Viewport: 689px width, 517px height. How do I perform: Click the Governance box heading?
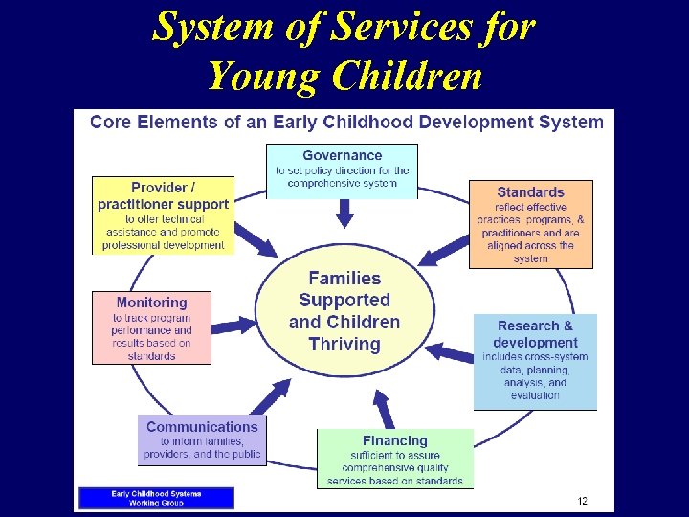click(x=342, y=155)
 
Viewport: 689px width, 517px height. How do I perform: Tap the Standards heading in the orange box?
click(x=530, y=192)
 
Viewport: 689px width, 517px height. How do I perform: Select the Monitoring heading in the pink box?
click(x=151, y=303)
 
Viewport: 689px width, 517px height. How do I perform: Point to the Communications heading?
click(x=202, y=427)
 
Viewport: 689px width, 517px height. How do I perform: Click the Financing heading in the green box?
click(x=395, y=440)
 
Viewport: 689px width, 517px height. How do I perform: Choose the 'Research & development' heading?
click(x=535, y=334)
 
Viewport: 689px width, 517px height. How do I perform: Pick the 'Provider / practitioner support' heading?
click(x=163, y=195)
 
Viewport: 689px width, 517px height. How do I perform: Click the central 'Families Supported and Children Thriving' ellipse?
click(x=344, y=311)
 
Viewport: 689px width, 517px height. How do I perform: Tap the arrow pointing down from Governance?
click(x=344, y=214)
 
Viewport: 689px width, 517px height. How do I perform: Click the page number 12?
click(x=582, y=501)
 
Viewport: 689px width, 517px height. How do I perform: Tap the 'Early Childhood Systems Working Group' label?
click(x=156, y=498)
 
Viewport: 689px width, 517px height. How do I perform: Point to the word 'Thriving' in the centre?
click(x=344, y=344)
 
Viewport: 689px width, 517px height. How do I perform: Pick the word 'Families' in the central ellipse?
click(x=344, y=279)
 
